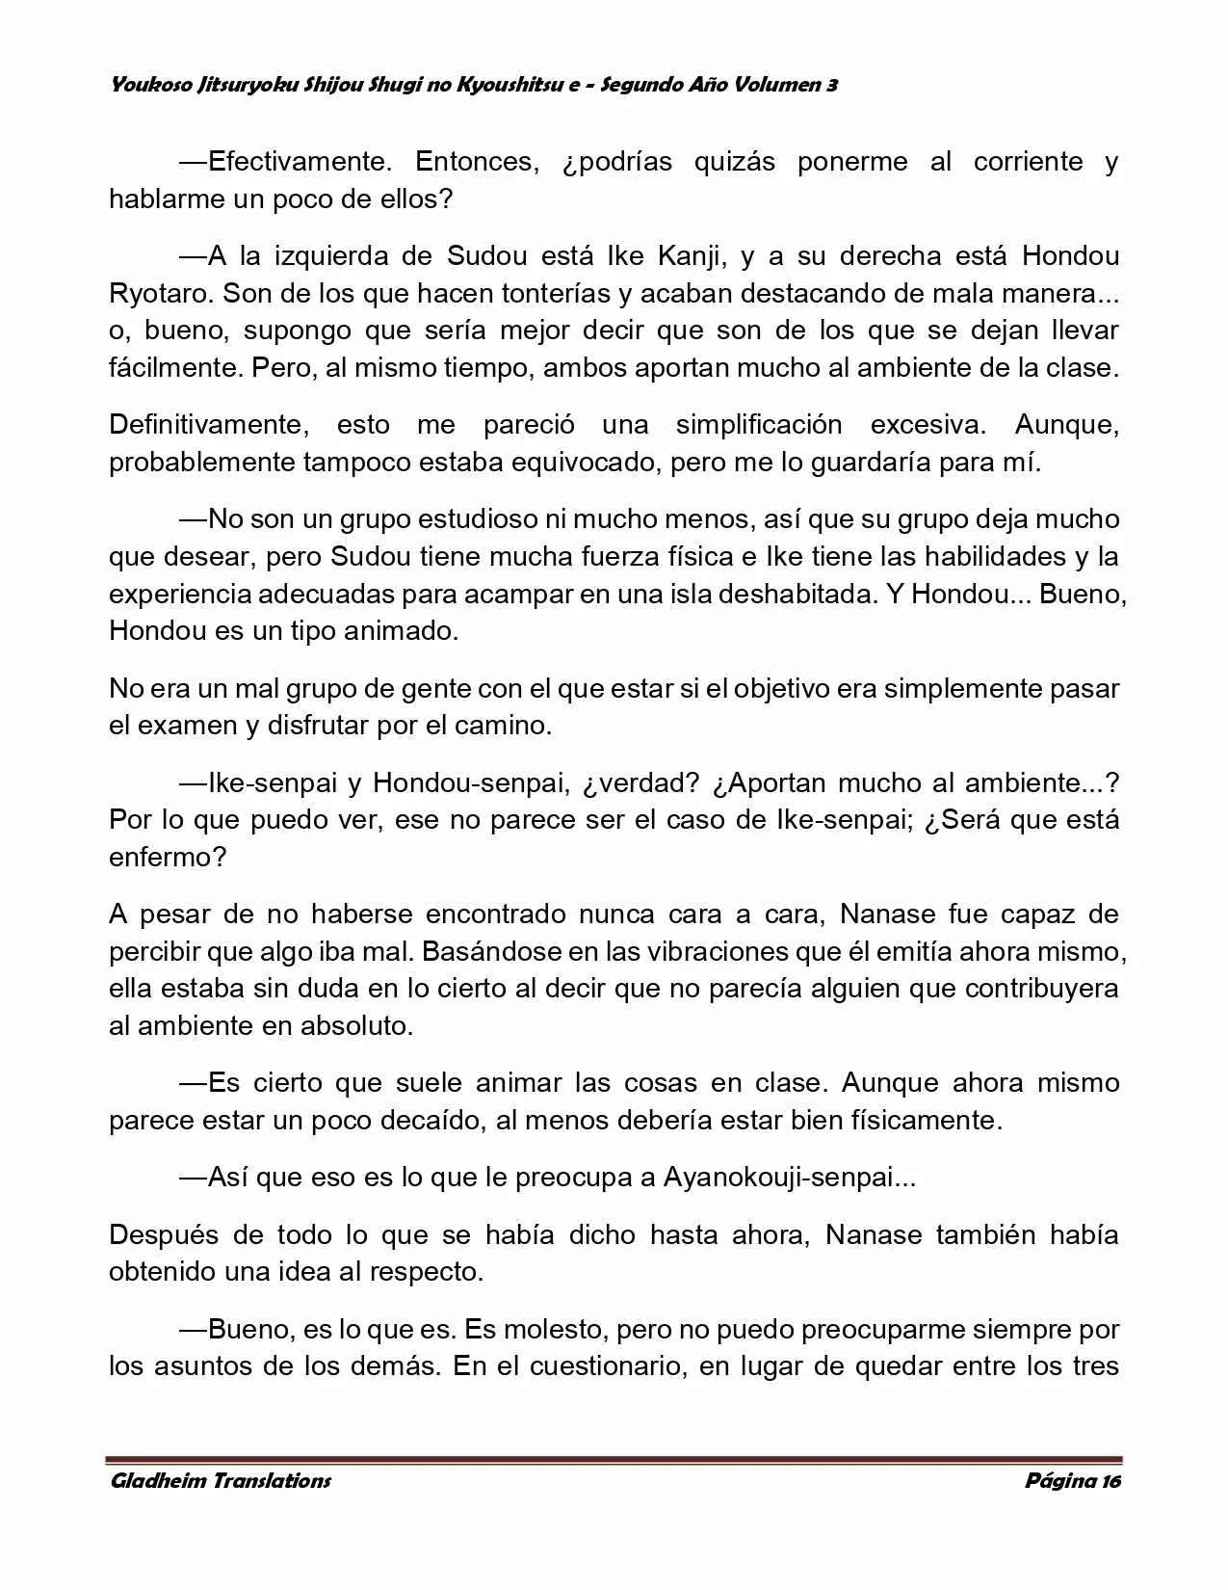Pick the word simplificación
coord(758,425)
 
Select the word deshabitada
coord(791,595)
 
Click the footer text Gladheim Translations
coord(221,1481)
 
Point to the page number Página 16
coord(1073,1481)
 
